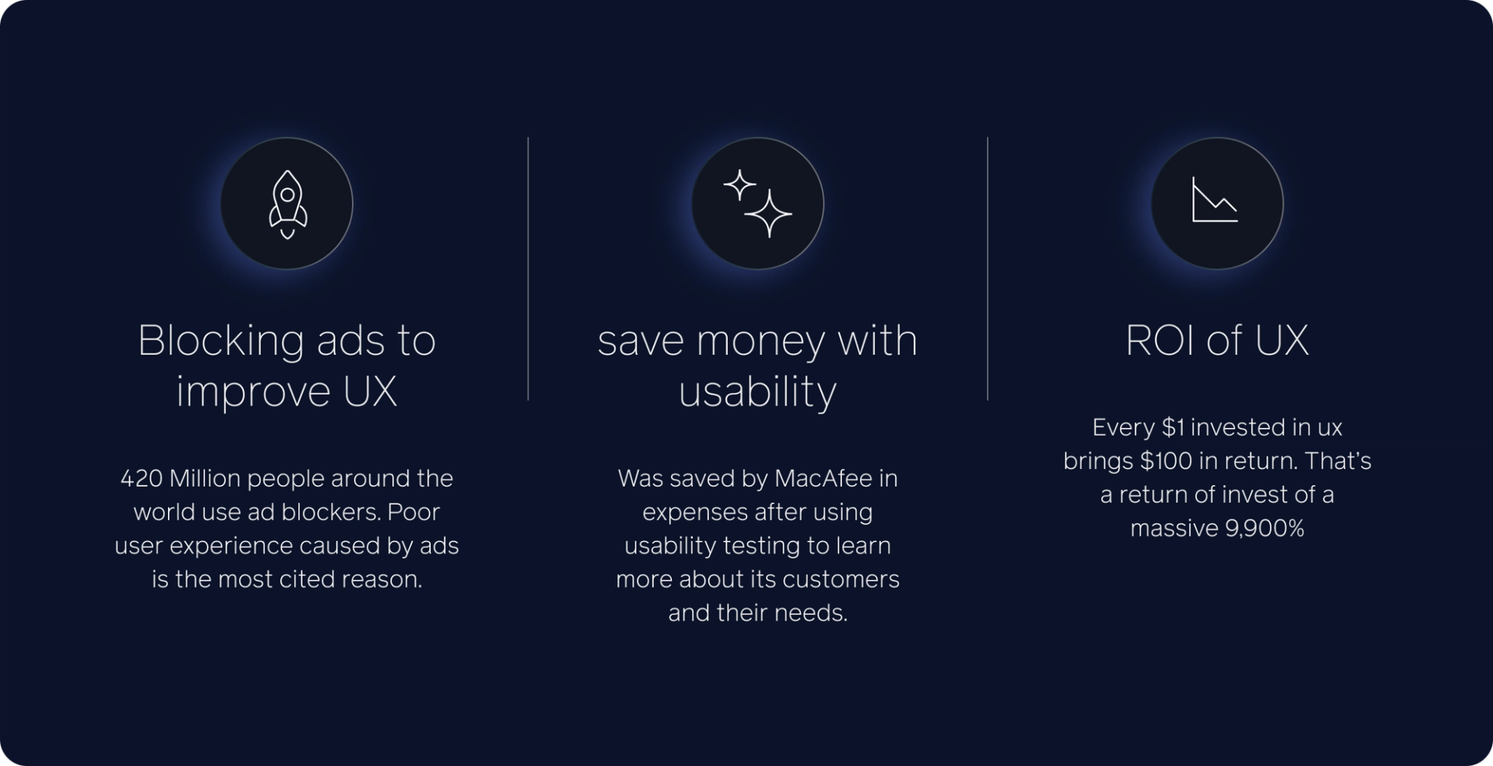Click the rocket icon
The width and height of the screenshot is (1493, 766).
click(x=287, y=205)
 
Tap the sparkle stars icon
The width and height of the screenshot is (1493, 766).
click(x=757, y=203)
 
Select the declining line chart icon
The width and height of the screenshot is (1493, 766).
click(x=1215, y=200)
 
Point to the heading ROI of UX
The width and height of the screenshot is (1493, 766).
click(x=1217, y=340)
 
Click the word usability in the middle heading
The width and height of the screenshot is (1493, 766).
click(x=757, y=391)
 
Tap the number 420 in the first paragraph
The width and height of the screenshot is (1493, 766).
click(x=141, y=477)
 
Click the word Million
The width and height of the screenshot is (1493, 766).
click(x=205, y=477)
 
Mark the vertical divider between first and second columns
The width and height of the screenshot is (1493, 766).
click(x=528, y=269)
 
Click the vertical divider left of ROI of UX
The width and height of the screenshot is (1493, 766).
click(x=988, y=269)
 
